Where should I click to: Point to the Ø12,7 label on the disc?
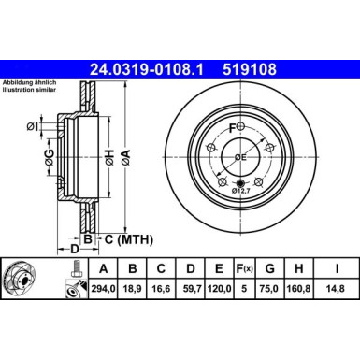[x=244, y=192]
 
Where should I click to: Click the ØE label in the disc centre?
[x=240, y=156]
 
